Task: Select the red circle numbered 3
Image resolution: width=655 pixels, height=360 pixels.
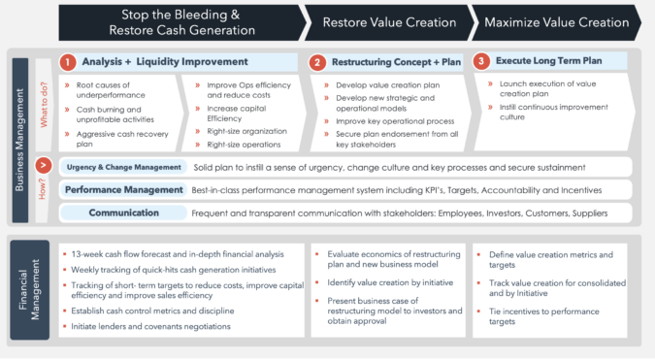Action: click(x=480, y=61)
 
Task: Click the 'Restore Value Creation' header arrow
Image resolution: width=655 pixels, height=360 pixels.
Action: click(x=386, y=20)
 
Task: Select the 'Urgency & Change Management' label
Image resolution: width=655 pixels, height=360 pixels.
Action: click(x=124, y=168)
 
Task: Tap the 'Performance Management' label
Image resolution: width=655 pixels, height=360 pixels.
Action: click(x=124, y=189)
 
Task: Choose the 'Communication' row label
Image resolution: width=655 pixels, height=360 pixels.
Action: click(x=124, y=212)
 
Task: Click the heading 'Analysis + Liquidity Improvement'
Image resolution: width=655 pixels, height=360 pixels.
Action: click(x=165, y=62)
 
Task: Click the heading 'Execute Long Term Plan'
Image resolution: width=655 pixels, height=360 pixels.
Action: click(x=548, y=61)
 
